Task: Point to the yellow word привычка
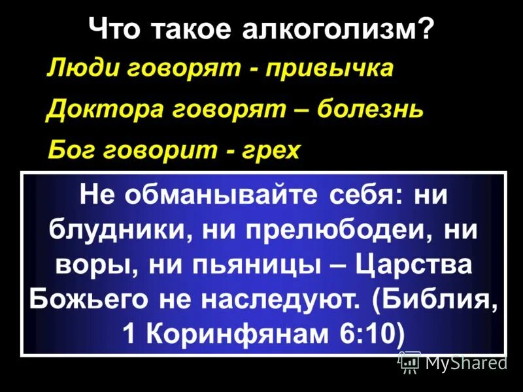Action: coord(329,69)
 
